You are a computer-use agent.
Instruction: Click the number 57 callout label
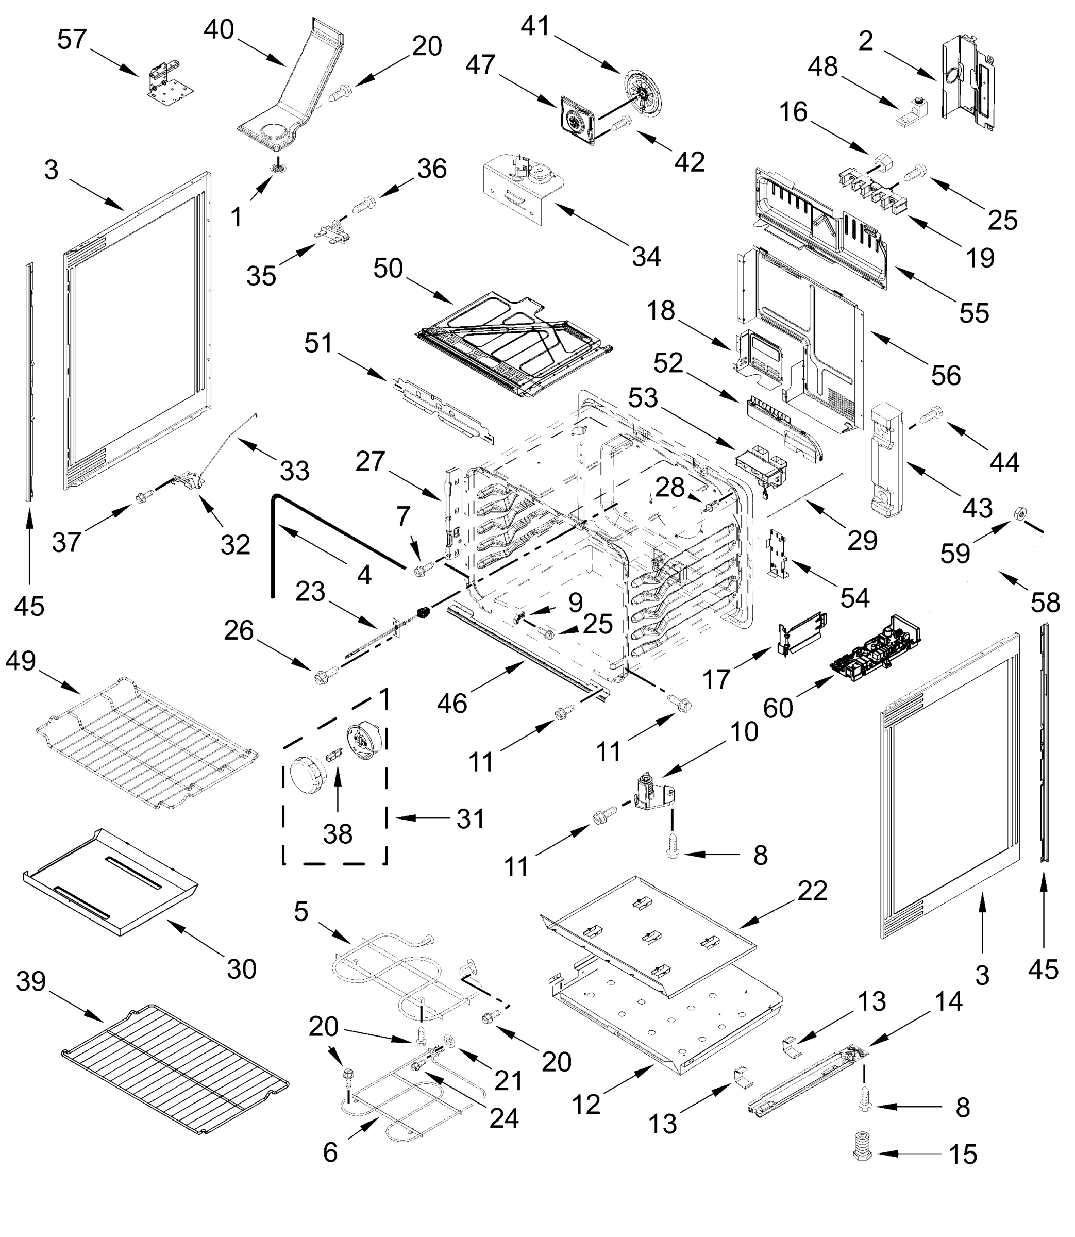(x=72, y=40)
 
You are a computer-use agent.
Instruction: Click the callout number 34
(x=646, y=257)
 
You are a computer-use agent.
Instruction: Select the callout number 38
(x=337, y=834)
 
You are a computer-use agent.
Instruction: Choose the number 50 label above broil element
(x=388, y=268)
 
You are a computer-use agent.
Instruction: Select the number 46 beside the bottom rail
(x=452, y=703)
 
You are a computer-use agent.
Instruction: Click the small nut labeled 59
(x=1019, y=513)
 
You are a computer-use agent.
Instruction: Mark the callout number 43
(x=978, y=508)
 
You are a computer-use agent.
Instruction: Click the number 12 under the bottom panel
(x=585, y=1104)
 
